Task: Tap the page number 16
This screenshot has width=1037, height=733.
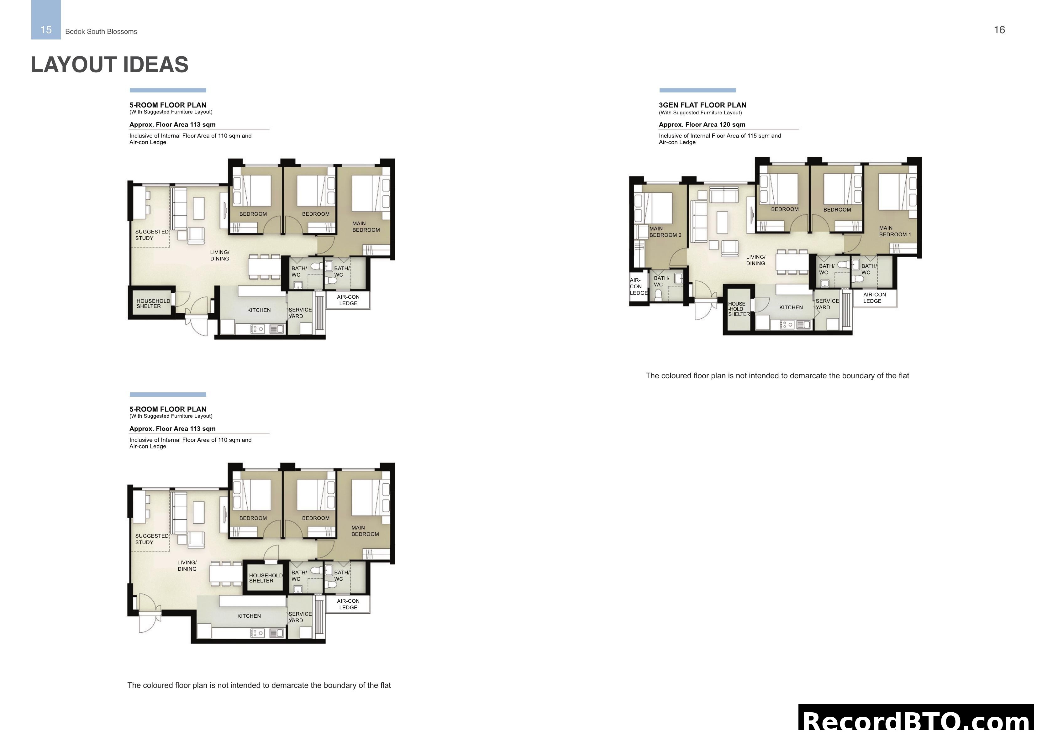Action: coord(999,30)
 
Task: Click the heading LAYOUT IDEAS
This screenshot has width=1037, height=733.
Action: coord(109,65)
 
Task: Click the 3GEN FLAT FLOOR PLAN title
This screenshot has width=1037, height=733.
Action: coord(702,105)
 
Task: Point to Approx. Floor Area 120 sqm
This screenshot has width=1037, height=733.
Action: coord(702,125)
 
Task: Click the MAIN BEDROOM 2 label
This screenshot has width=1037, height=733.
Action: coord(665,232)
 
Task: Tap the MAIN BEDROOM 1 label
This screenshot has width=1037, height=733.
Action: coord(895,231)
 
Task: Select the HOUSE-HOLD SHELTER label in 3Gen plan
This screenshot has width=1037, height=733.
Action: coord(739,309)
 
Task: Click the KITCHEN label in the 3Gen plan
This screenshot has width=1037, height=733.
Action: coord(791,307)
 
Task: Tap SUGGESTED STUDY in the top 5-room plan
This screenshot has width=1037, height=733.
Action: coord(151,235)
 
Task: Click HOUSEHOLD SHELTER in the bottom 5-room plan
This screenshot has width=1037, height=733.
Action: coord(265,578)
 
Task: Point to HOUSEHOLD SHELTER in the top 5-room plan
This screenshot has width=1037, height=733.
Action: coord(153,303)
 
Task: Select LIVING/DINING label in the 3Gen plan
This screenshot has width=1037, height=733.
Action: coord(755,260)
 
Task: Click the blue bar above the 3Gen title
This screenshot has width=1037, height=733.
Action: coord(697,90)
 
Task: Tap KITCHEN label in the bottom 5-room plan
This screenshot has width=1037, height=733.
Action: coord(249,616)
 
